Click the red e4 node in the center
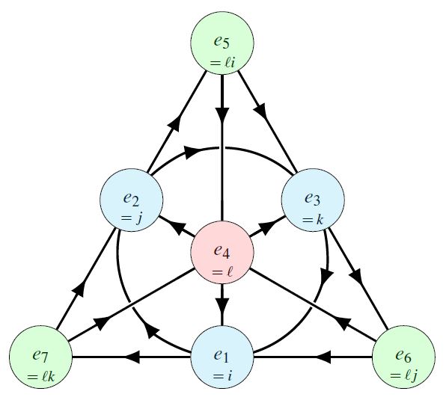click(222, 253)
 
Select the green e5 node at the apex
click(222, 43)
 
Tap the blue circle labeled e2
click(131, 200)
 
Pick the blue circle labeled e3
click(313, 200)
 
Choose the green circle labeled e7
click(40, 357)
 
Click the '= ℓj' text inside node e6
click(403, 375)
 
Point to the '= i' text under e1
click(222, 376)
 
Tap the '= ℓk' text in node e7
click(40, 376)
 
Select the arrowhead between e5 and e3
click(262, 111)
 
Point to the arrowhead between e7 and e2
click(79, 289)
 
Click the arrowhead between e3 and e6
click(358, 275)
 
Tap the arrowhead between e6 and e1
click(324, 357)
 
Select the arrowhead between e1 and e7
click(133, 357)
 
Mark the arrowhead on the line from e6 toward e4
click(342, 322)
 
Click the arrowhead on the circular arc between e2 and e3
click(192, 151)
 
